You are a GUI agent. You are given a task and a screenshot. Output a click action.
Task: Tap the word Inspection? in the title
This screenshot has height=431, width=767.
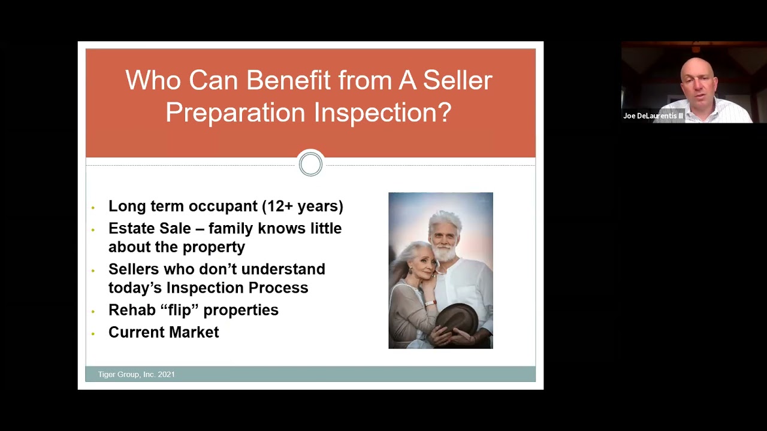[x=383, y=113]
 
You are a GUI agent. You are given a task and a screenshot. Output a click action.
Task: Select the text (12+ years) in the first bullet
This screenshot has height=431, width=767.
[x=303, y=207]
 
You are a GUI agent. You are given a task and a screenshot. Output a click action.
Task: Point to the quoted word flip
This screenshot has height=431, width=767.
[x=194, y=310]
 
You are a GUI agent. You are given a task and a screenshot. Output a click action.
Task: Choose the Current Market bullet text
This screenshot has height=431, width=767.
[x=164, y=332]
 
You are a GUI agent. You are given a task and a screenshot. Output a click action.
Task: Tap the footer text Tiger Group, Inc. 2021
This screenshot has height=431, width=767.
[x=137, y=374]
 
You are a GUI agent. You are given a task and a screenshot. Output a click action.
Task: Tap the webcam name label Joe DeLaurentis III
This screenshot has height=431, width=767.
[x=653, y=116]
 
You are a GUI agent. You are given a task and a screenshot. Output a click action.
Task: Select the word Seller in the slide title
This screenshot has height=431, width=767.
[x=457, y=81]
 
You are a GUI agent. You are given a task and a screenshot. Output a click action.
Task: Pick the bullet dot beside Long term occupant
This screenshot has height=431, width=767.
[x=93, y=208]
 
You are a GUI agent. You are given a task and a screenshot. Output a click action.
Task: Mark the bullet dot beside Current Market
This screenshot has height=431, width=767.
[x=93, y=333]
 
